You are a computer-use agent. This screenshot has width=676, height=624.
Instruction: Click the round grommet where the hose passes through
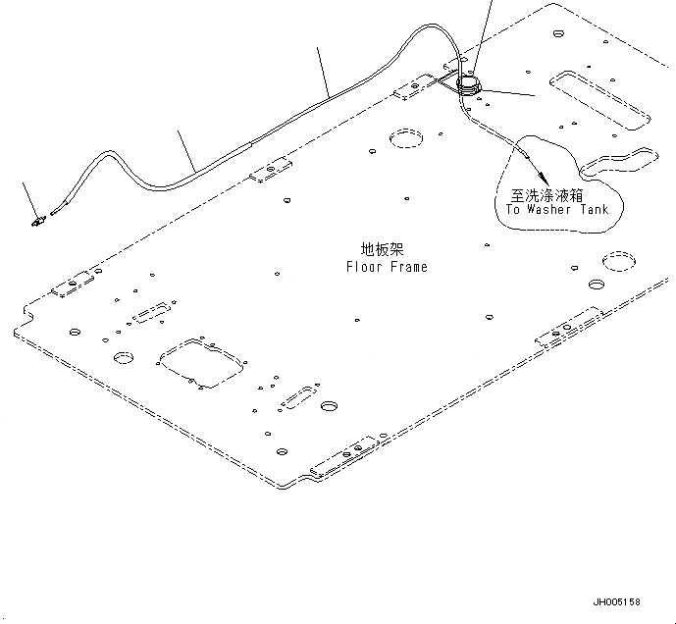469,83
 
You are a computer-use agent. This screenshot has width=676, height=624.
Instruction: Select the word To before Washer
513,210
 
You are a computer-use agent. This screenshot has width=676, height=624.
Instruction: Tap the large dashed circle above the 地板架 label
404,139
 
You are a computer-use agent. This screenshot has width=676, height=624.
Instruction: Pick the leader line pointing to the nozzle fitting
30,198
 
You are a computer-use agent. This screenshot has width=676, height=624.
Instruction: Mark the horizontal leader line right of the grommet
508,93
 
